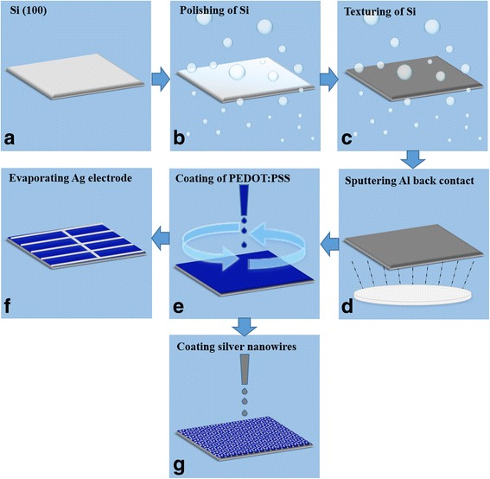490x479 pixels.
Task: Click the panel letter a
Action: click(10, 137)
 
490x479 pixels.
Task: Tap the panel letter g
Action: click(179, 467)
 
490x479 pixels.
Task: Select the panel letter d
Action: click(347, 306)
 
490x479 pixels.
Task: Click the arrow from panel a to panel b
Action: click(161, 80)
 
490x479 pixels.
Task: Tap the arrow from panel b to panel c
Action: click(329, 80)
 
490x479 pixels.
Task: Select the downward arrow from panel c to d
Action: click(413, 160)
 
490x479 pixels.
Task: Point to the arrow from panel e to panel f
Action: click(161, 239)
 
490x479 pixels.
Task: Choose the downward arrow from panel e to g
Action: click(245, 327)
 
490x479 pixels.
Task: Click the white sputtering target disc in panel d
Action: click(412, 295)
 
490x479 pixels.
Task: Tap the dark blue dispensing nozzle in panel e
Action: click(244, 201)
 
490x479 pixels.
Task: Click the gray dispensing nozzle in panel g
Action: click(245, 369)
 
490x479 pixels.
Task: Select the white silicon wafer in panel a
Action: click(75, 76)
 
